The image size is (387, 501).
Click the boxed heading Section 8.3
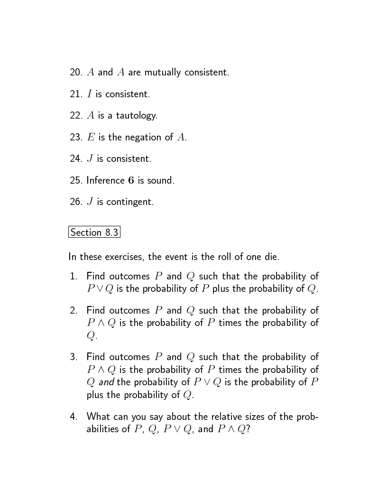94,232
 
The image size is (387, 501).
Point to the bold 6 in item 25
131,181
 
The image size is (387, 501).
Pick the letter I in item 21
89,94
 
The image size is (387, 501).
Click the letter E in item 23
90,137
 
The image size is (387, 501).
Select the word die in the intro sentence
271,257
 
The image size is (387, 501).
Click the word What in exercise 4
98,417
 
